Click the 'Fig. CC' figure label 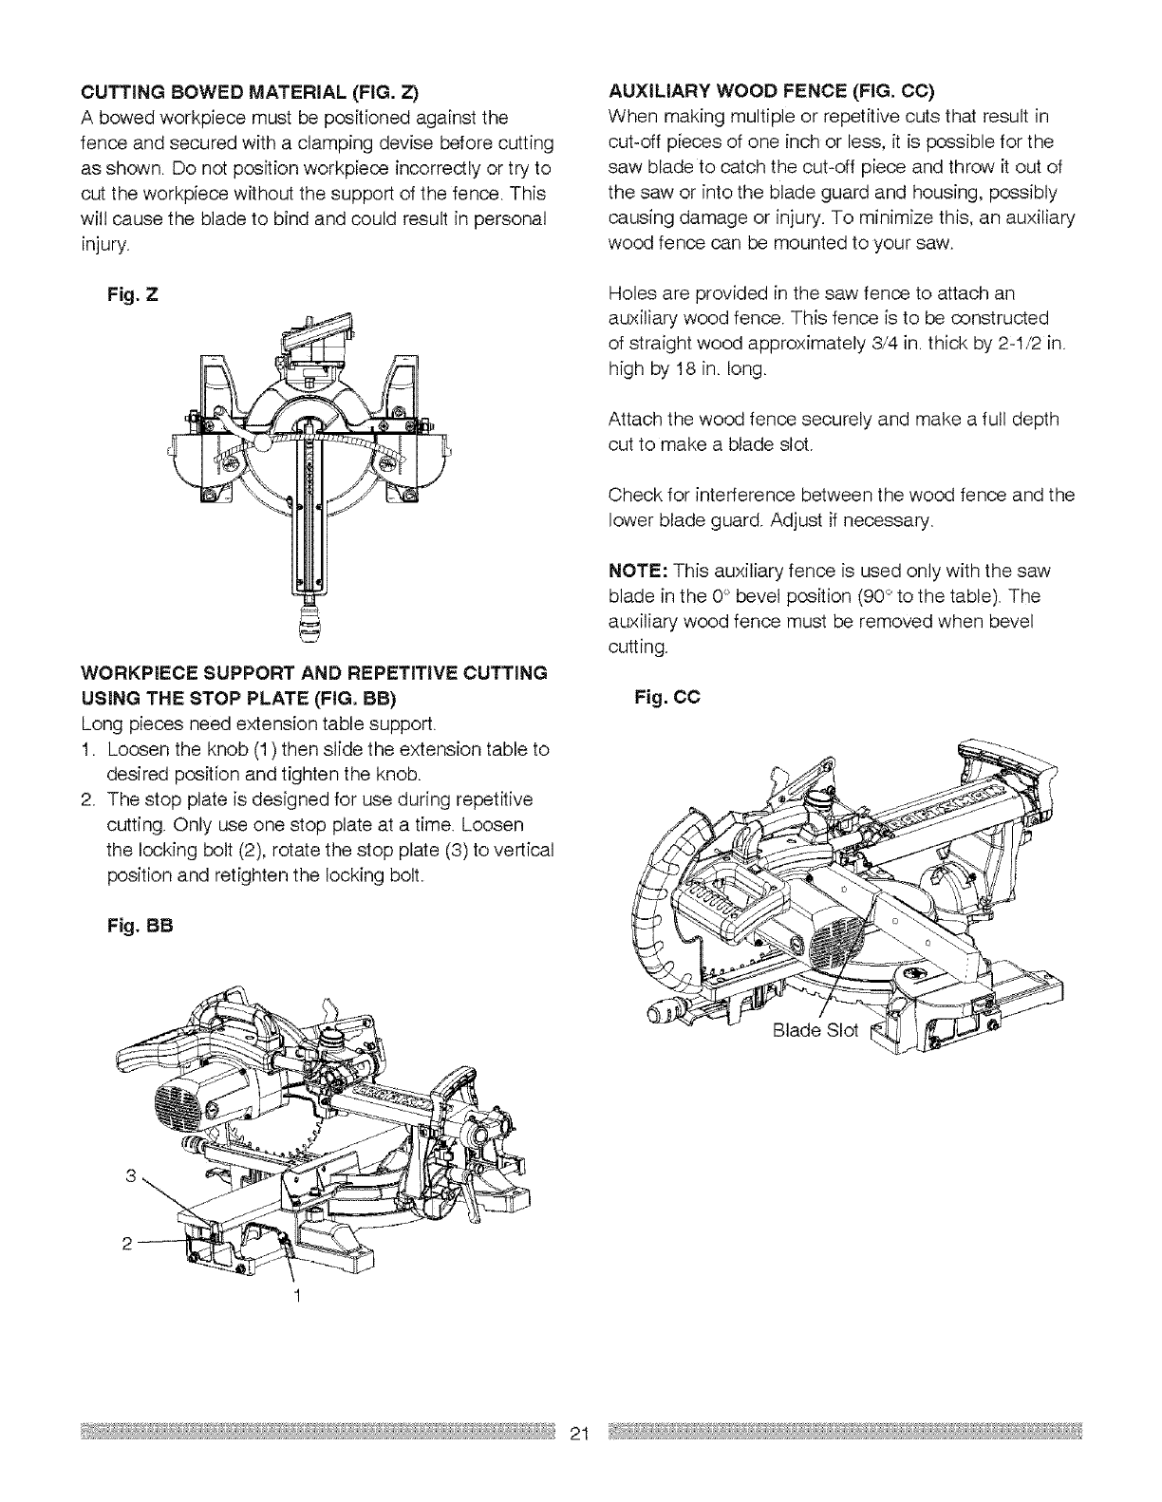[666, 698]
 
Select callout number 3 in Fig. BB [130, 1178]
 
